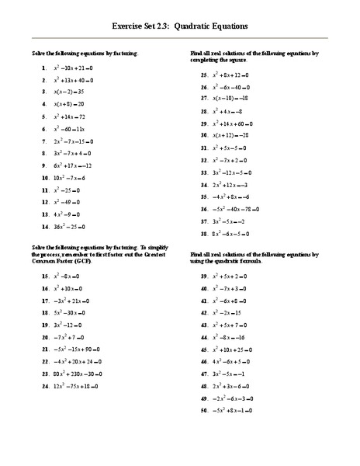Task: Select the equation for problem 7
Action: coord(78,142)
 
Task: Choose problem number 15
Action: coord(45,276)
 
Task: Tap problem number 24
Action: coord(45,386)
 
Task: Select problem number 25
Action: coord(205,75)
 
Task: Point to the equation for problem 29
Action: coord(244,124)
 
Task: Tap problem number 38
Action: coord(205,233)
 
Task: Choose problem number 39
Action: coord(205,276)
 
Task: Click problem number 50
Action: coord(205,409)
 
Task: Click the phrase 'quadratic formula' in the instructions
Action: coord(235,262)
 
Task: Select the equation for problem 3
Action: coord(71,92)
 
